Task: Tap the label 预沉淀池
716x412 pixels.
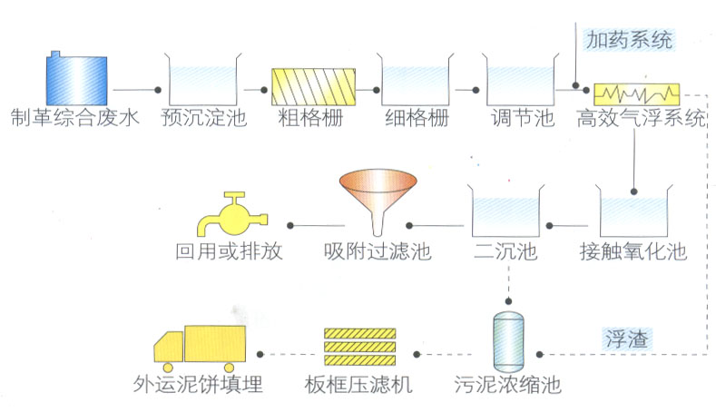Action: pos(202,118)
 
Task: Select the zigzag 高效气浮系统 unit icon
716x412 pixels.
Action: pos(637,93)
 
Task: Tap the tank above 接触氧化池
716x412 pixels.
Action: pos(634,211)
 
